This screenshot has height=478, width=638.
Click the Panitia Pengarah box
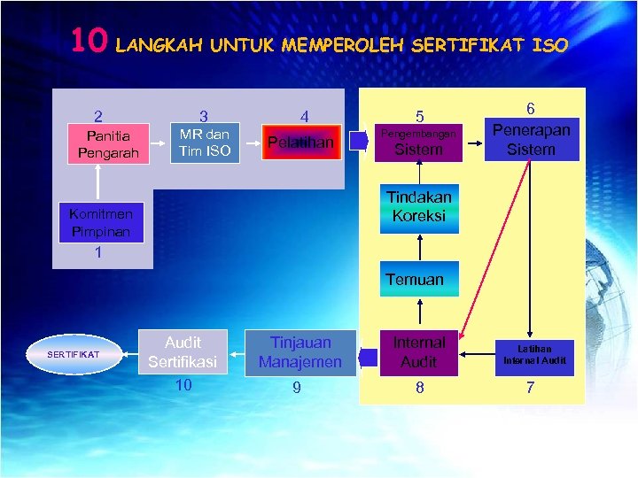[103, 144]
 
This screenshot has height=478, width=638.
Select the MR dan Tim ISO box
[204, 143]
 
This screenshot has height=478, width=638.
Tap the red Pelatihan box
[301, 143]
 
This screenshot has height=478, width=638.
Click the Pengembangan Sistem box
[419, 142]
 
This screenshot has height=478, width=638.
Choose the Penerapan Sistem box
[531, 139]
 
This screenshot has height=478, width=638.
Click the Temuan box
[419, 279]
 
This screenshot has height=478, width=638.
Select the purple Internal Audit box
[419, 352]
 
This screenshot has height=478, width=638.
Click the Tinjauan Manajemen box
[300, 352]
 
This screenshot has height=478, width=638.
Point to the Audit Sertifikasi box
[183, 352]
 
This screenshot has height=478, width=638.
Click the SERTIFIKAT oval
[75, 354]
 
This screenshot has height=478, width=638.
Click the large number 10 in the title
[89, 41]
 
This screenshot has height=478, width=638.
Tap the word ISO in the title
[549, 44]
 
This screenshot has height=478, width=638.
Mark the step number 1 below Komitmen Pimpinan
[98, 253]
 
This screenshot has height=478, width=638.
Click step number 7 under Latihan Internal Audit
[530, 388]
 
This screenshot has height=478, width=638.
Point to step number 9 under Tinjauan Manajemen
[297, 388]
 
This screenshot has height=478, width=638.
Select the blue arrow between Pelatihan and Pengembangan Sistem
[359, 142]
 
